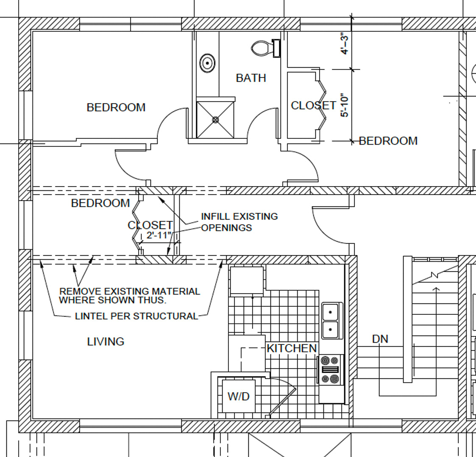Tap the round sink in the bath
tap(207, 63)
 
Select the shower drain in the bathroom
tap(216, 120)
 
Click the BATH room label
tap(251, 78)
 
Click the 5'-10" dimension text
tap(345, 105)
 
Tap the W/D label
tap(239, 396)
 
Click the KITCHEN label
tap(292, 349)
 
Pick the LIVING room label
tap(106, 342)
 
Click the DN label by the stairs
tap(380, 339)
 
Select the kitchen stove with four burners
tap(330, 370)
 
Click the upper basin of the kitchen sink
tap(331, 311)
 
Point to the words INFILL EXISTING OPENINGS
tap(239, 222)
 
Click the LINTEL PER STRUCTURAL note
tap(136, 316)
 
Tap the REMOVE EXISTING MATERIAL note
tap(130, 296)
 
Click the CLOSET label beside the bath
tap(313, 105)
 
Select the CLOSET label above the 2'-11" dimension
tap(150, 226)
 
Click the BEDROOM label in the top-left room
tap(116, 107)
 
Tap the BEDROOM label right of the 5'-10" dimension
tap(388, 141)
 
